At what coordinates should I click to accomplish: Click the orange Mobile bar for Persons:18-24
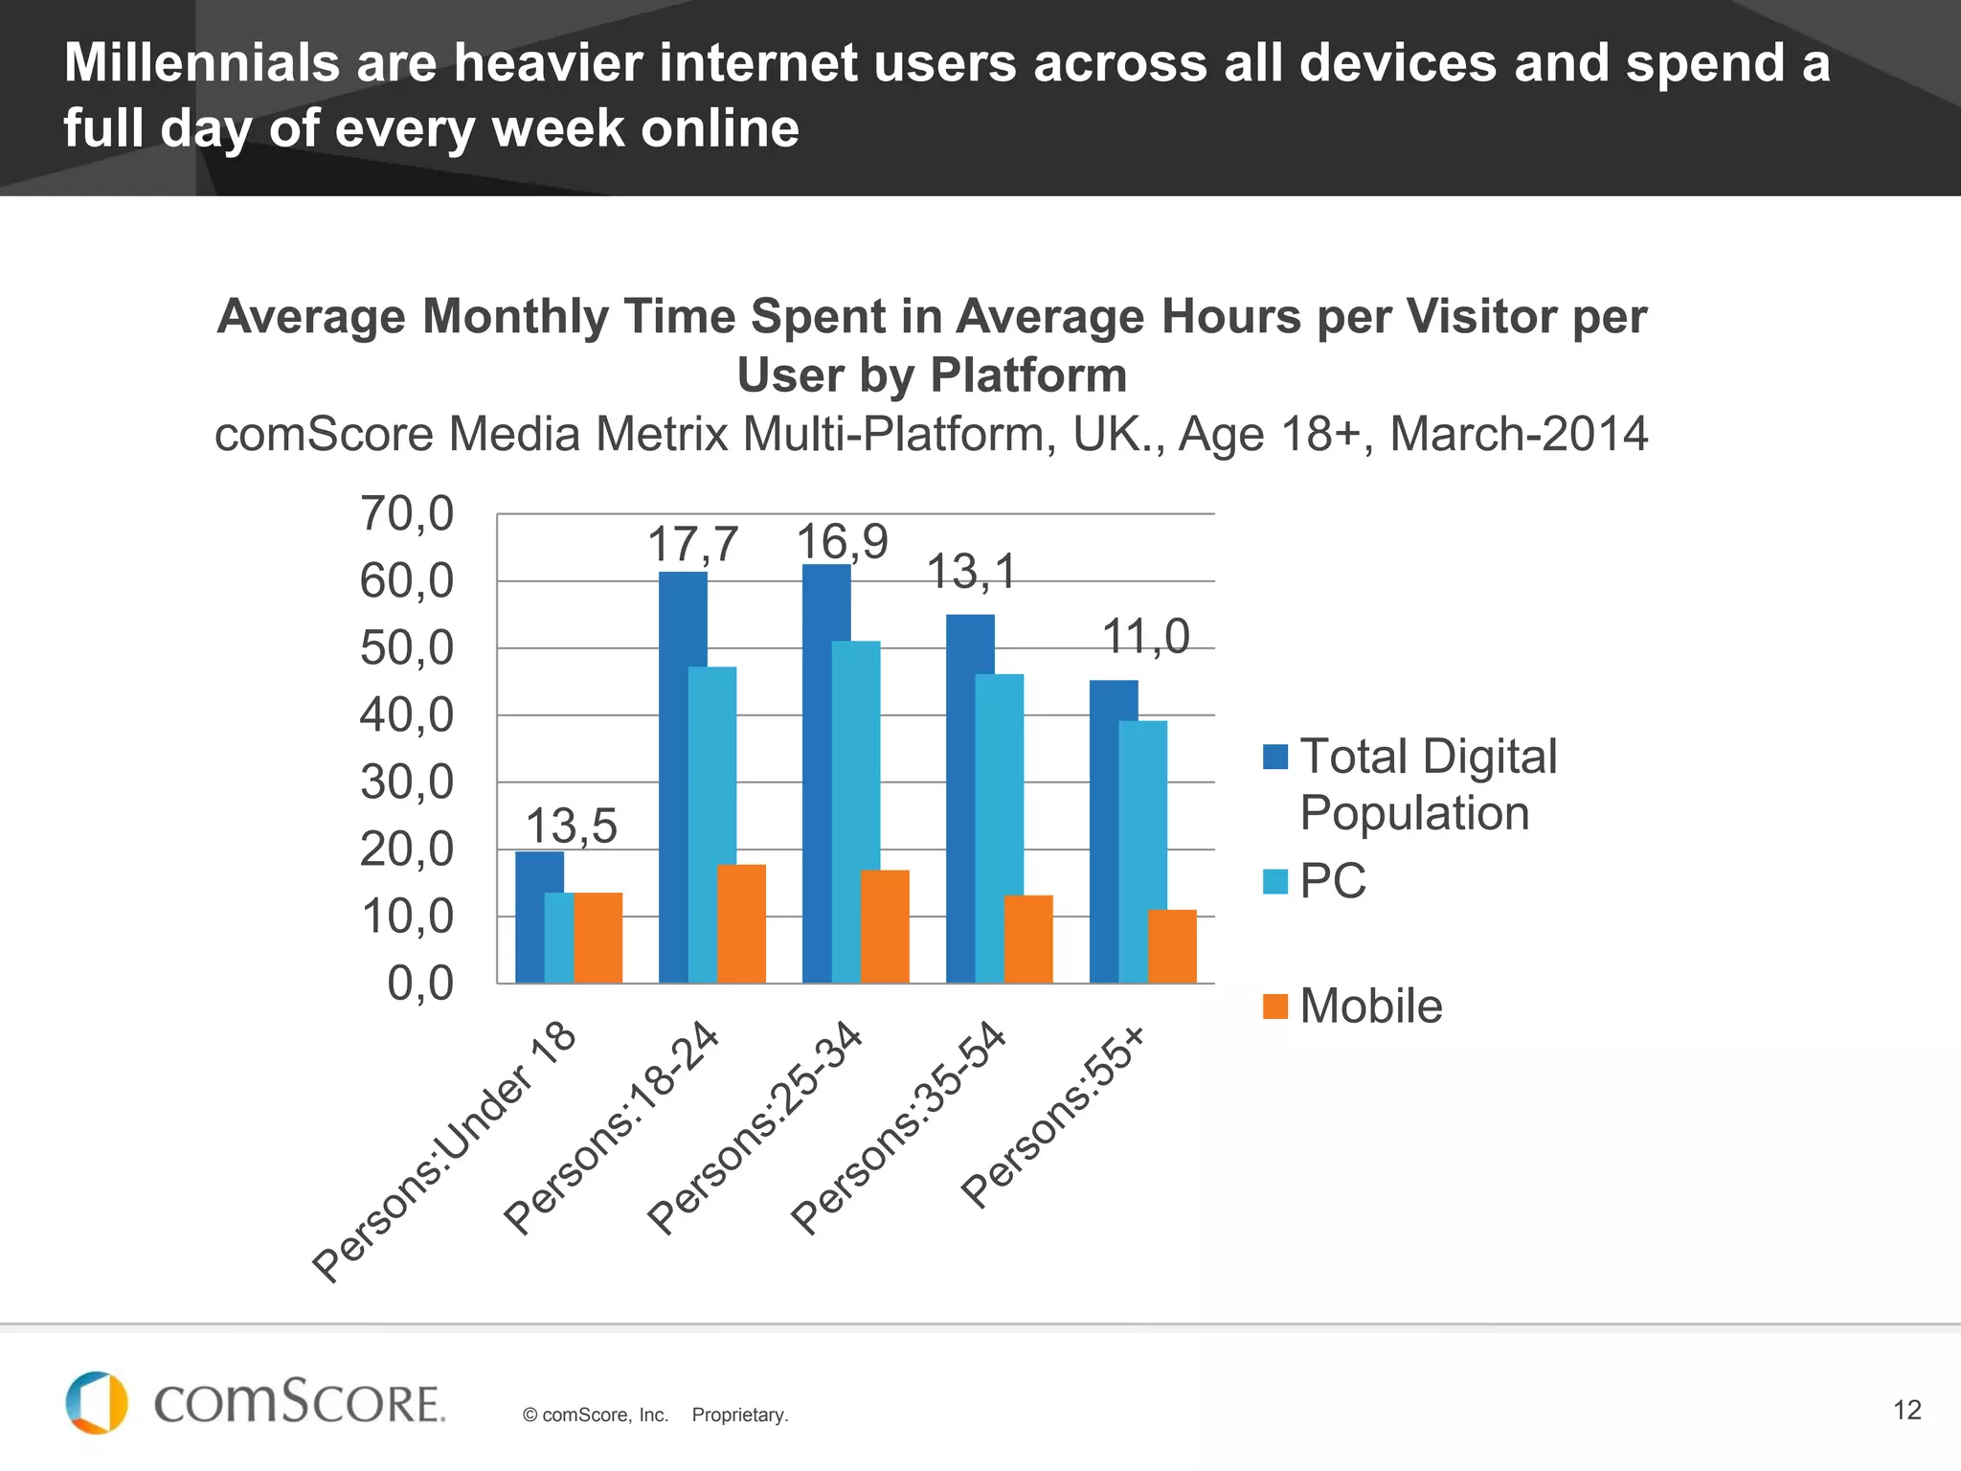tap(742, 923)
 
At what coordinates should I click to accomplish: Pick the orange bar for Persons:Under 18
tap(598, 938)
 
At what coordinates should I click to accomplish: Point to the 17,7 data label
tap(693, 544)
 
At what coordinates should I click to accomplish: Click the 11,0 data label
tap(1145, 636)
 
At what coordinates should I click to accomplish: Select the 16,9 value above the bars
tap(843, 542)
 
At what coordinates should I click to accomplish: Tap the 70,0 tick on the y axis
tap(407, 513)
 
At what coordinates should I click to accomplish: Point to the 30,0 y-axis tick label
tap(407, 782)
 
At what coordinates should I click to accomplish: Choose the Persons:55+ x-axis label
tap(1053, 1117)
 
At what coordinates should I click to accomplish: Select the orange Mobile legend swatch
tap(1275, 1007)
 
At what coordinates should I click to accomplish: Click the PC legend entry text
tap(1332, 881)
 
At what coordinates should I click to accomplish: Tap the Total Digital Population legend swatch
tap(1275, 757)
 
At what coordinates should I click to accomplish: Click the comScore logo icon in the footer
tap(97, 1403)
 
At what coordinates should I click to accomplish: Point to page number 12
tap(1906, 1410)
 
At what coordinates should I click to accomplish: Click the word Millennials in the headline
tap(201, 63)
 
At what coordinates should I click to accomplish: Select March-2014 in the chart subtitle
tap(1519, 434)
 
